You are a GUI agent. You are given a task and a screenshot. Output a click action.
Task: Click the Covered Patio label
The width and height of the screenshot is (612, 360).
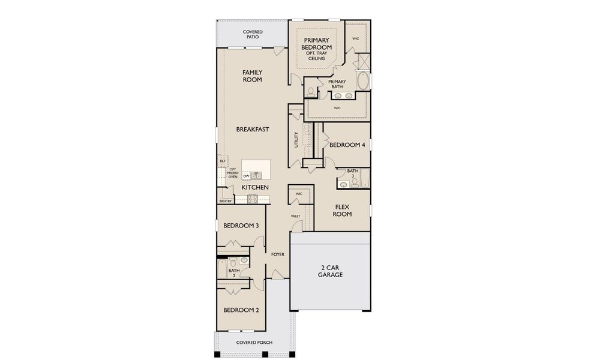coord(253,34)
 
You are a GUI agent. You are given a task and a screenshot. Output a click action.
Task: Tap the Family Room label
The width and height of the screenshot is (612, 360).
coord(252,76)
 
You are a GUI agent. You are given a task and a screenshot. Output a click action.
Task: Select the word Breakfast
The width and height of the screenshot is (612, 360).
coord(253,129)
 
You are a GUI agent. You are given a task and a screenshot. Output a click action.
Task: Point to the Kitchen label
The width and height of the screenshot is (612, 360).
coord(255,187)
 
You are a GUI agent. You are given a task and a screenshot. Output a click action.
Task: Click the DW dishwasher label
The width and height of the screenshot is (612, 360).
coord(246,176)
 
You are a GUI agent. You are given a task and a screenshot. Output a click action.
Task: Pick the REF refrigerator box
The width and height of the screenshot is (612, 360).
coord(223,161)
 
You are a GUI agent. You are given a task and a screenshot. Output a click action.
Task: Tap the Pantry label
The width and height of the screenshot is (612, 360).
coord(225,201)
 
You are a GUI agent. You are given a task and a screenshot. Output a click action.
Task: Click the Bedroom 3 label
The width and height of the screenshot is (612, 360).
coord(241,225)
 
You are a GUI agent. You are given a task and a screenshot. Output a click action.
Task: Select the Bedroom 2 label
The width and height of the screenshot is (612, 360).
coord(241,310)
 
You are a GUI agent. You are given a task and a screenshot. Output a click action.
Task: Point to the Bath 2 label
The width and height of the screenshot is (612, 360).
coord(234,273)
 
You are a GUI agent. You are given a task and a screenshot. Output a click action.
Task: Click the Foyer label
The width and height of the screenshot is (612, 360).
coord(278,254)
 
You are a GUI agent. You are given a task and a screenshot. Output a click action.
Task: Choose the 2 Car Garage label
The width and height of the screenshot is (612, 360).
coord(330,271)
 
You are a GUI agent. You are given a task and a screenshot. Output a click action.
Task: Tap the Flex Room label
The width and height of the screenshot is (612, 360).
coord(342,211)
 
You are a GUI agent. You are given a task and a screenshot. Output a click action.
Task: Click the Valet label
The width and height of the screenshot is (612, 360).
coord(295,216)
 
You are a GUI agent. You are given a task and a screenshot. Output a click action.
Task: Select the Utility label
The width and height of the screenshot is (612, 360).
coord(296,140)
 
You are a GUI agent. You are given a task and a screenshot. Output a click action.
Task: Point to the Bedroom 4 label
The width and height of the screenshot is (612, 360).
coord(347,145)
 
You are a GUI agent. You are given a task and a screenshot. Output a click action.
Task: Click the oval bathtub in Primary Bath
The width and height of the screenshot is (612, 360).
coord(363,81)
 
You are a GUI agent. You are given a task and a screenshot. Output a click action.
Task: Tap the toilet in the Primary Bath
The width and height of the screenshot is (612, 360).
coord(311,92)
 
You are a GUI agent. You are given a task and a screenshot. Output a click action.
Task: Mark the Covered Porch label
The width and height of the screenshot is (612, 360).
coord(254,343)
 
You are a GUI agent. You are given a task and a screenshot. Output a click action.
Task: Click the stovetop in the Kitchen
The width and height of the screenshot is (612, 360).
coord(252,199)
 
